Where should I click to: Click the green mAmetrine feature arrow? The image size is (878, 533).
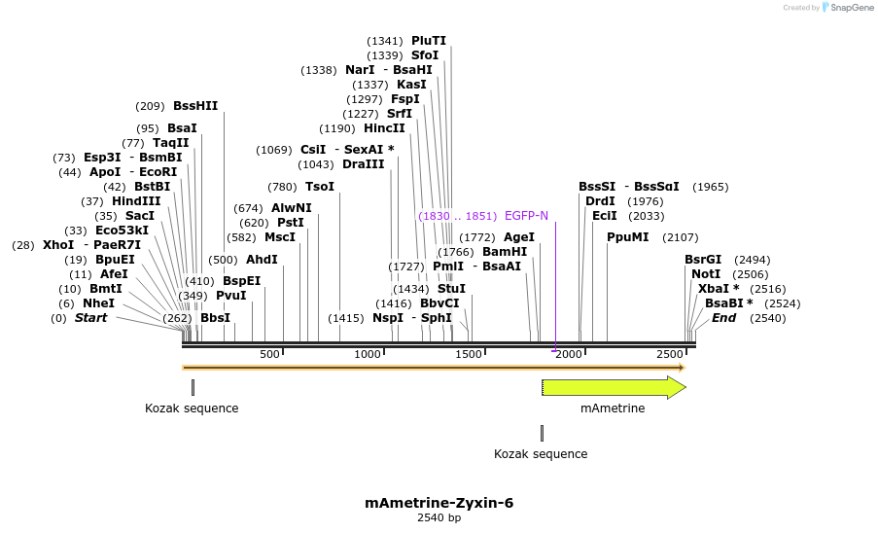click(613, 387)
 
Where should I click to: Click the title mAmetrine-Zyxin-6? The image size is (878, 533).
click(439, 503)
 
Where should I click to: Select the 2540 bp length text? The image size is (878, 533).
click(439, 518)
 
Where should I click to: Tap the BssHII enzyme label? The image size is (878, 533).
click(195, 106)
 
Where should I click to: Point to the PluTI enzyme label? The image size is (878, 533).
click(429, 41)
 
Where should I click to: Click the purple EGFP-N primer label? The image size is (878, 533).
click(526, 215)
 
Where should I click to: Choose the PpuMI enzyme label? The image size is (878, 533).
click(627, 237)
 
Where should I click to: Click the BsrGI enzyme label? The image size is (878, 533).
click(703, 260)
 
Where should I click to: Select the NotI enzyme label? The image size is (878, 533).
click(706, 274)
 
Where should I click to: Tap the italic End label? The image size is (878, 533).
click(723, 318)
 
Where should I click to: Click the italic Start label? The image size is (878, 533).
click(91, 318)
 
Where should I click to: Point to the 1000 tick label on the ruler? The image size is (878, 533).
click(368, 354)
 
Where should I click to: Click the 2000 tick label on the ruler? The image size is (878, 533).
click(569, 354)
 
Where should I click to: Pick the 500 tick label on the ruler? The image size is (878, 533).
click(270, 354)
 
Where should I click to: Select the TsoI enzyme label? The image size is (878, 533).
click(320, 187)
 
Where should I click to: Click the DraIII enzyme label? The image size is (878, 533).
click(363, 164)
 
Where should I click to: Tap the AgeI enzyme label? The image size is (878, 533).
click(519, 237)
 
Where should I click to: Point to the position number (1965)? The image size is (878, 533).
click(710, 187)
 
